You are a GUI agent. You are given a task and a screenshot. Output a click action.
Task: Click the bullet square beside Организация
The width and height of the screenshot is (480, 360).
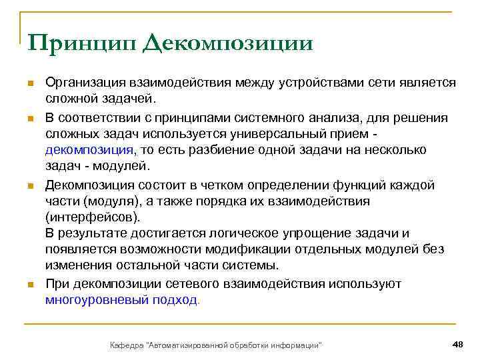pos(30,83)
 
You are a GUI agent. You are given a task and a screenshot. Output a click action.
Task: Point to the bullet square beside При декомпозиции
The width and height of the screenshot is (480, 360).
pos(30,285)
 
